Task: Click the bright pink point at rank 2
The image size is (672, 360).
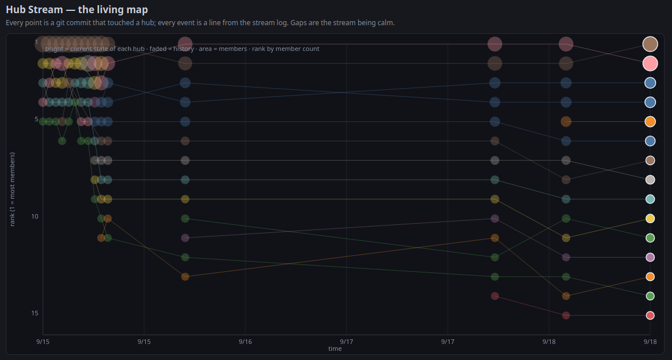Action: (x=650, y=64)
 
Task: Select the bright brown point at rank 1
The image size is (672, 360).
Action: (x=650, y=43)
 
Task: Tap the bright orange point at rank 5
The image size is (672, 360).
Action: (x=650, y=121)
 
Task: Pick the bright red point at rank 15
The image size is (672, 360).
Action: (x=650, y=315)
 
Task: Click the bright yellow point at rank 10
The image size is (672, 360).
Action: (x=650, y=219)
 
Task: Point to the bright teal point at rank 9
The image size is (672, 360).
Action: (x=650, y=199)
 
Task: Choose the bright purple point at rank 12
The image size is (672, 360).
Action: (x=650, y=257)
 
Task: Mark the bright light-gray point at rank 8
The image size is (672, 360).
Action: (x=650, y=180)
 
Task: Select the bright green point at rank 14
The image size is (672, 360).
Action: (x=650, y=296)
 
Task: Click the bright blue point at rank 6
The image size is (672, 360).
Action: (x=650, y=141)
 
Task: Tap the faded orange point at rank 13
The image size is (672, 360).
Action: (x=185, y=277)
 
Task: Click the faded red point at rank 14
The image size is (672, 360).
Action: (x=495, y=296)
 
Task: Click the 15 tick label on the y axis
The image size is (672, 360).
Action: (x=35, y=313)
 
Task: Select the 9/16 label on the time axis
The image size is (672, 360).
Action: (x=245, y=342)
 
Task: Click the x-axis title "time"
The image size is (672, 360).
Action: (x=335, y=349)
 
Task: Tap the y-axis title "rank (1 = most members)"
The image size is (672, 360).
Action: (x=12, y=189)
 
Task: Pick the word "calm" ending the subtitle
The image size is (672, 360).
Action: (x=385, y=22)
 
